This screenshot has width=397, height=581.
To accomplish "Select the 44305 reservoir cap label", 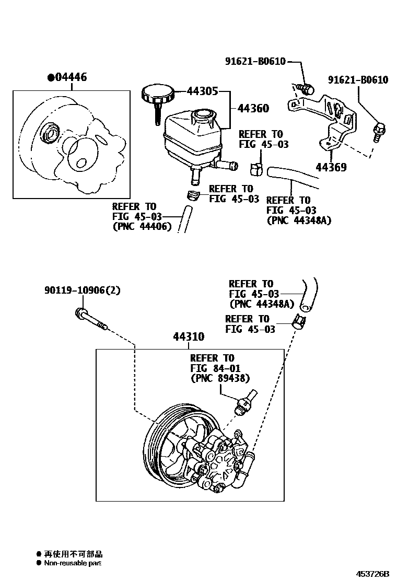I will tap(203, 90).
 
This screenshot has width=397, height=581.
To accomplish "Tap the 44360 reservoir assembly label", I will tap(253, 109).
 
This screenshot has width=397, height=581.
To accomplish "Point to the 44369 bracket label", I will tap(332, 168).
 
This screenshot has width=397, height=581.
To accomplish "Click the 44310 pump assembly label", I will tap(189, 337).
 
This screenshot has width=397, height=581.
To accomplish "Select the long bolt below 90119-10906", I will tap(91, 320).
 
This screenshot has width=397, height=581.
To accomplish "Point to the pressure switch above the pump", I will tap(244, 402).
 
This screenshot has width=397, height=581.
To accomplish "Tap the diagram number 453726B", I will tap(373, 573).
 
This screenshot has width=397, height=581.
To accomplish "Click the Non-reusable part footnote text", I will tap(72, 563).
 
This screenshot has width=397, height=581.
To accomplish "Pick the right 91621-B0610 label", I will tap(358, 80).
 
